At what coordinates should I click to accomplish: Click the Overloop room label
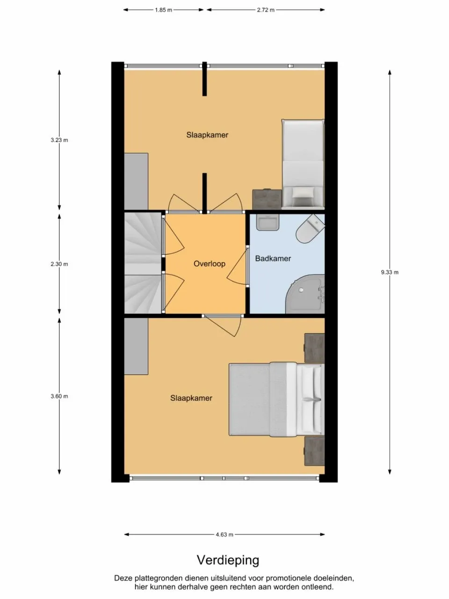[209, 264]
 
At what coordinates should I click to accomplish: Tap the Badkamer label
[273, 258]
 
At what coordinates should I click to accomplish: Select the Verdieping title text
[228, 560]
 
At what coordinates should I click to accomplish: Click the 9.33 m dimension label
[390, 272]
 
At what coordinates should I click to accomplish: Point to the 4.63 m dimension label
[224, 534]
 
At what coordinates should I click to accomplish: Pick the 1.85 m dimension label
[164, 10]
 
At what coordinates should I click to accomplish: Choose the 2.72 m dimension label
[266, 10]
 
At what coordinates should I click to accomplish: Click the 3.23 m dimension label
[59, 140]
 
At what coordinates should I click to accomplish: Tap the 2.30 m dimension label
[59, 264]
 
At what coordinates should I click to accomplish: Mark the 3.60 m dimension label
[59, 396]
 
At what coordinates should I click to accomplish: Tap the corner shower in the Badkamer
[306, 295]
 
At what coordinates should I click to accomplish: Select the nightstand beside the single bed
[267, 199]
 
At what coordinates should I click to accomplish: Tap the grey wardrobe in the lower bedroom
[136, 346]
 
